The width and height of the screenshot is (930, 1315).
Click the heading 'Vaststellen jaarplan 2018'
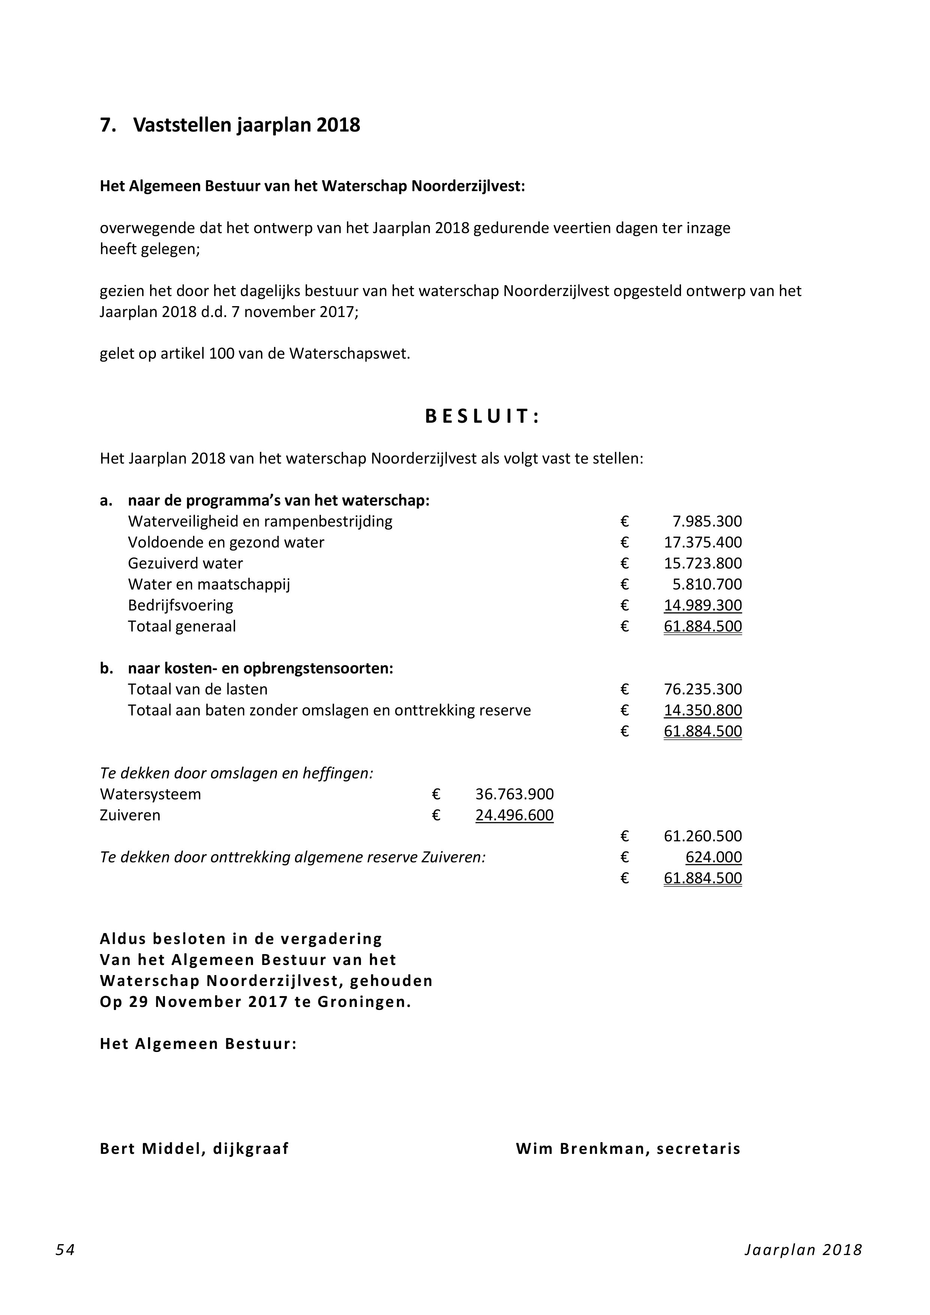[x=246, y=125]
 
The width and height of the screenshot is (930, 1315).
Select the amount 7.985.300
[x=707, y=521]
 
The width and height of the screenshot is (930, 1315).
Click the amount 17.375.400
[x=702, y=542]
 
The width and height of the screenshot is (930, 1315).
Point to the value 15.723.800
[x=702, y=563]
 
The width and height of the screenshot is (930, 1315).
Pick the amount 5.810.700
[x=707, y=584]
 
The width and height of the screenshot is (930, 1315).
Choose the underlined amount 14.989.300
[x=702, y=605]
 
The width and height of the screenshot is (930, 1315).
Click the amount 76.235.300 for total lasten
[x=702, y=689]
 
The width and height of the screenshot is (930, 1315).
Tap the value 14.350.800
[x=702, y=710]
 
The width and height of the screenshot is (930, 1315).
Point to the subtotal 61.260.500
[x=702, y=836]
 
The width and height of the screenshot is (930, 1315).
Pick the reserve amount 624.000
[x=713, y=857]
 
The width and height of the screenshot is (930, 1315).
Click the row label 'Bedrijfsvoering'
[x=181, y=605]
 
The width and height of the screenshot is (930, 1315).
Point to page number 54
[x=65, y=1266]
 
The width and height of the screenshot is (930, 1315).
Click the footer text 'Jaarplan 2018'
[x=803, y=1266]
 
